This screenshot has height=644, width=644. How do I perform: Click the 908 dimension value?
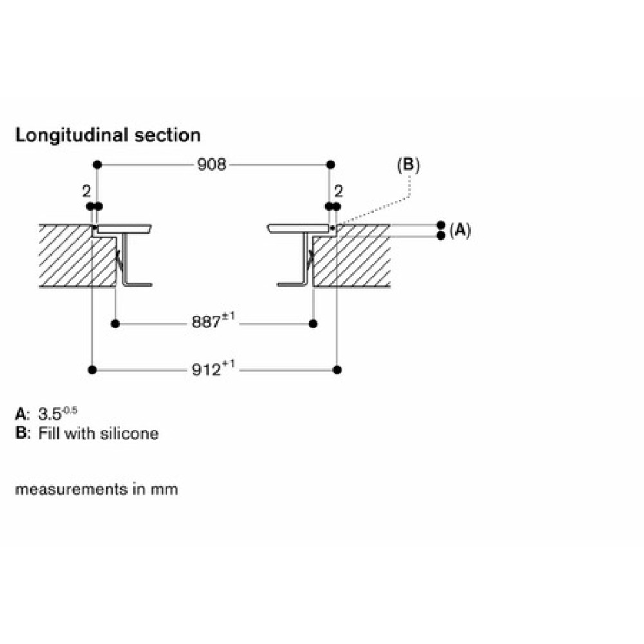tap(211, 165)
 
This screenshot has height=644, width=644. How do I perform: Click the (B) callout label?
tap(408, 165)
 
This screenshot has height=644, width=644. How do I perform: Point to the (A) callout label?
tap(460, 231)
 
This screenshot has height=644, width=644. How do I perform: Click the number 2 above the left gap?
tap(86, 191)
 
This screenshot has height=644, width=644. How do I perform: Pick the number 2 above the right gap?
tap(339, 191)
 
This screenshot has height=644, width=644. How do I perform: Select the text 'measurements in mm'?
tap(97, 489)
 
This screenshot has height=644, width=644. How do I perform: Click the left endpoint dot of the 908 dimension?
tap(97, 165)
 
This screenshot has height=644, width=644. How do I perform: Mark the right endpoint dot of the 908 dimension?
tap(330, 165)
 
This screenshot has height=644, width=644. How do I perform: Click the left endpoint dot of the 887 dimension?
tap(116, 324)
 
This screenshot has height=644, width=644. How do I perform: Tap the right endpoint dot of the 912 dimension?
tap(337, 370)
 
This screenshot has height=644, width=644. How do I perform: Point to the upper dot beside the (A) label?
tap(441, 225)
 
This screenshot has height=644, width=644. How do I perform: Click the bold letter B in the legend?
tap(21, 433)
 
